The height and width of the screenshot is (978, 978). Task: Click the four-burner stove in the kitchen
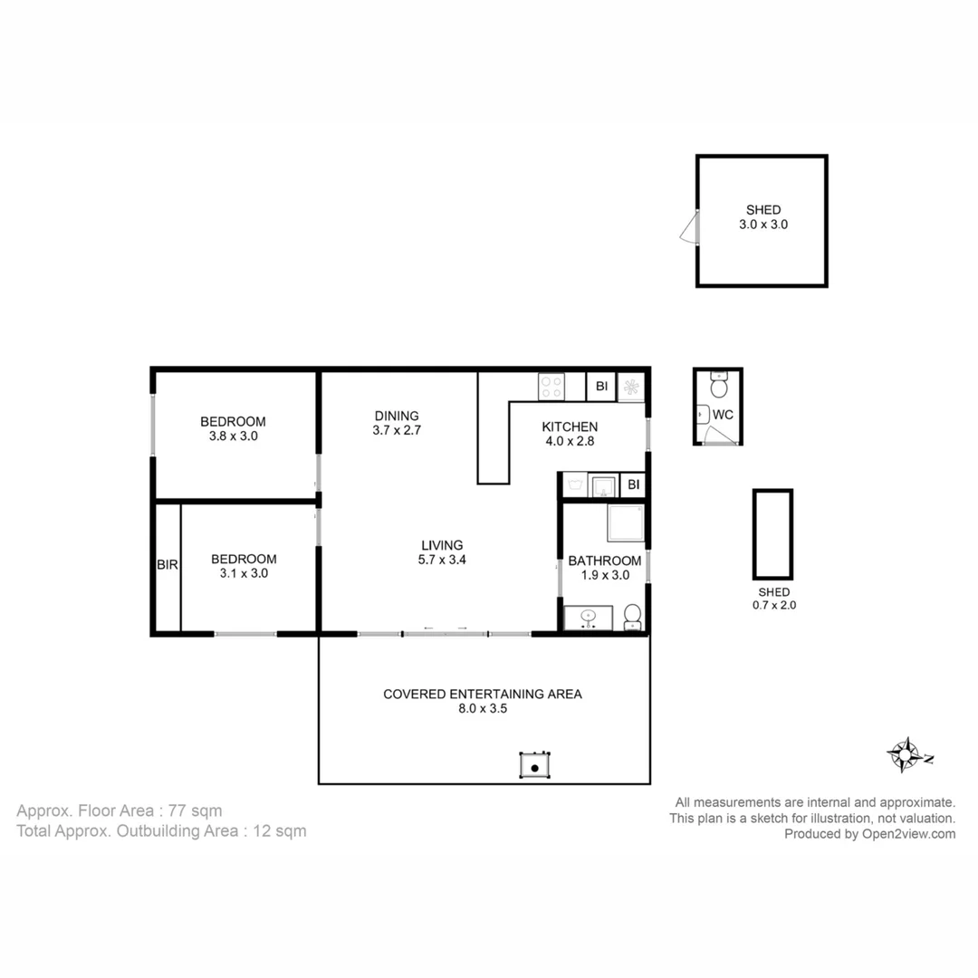point(551,387)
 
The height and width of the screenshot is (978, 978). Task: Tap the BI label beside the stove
point(601,387)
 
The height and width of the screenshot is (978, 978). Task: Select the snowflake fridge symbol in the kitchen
point(631,388)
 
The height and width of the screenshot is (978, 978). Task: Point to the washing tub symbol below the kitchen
point(574,485)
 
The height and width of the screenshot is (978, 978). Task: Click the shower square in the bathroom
point(625,523)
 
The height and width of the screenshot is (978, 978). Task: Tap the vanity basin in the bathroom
point(588,618)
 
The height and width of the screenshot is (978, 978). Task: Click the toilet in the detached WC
point(719,387)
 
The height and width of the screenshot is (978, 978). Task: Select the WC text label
point(724,415)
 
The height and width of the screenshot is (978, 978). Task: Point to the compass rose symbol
point(905,754)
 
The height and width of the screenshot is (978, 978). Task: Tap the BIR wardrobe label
point(168,565)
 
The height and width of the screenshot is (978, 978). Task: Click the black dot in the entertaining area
point(535,768)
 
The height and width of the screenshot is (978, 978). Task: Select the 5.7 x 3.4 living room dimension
point(442,560)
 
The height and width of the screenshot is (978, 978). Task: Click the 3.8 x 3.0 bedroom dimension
point(233,436)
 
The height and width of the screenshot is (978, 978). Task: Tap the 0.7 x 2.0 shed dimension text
point(773,606)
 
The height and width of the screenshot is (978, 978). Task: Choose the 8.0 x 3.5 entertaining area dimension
point(483,709)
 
